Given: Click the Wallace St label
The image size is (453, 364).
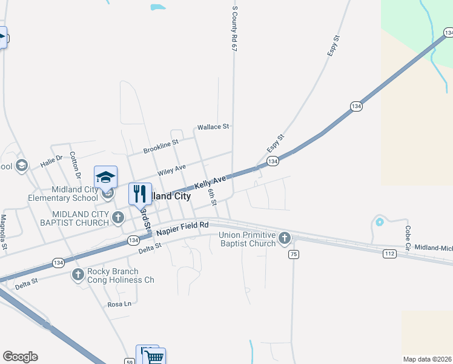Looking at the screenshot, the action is tap(213, 127).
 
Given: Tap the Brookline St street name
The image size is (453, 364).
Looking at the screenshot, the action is tap(160, 146).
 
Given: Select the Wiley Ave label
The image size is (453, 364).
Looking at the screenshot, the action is tap(171, 169).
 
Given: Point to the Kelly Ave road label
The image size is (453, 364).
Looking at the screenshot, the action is tap(210, 181).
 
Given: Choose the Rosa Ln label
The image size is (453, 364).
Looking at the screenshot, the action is tap(119, 304).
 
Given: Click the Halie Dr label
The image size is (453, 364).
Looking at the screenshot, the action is tap(51, 161).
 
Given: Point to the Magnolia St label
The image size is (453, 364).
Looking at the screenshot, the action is tap(4, 232).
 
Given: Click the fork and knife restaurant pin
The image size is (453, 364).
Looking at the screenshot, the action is tap(140, 194).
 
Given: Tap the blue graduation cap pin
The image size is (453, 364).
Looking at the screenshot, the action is tap(105, 177).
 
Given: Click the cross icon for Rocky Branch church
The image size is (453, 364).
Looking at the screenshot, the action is tap(78, 275).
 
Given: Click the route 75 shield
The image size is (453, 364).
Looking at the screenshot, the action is tap(294, 254).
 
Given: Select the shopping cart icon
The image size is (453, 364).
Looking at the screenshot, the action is tap(154, 357).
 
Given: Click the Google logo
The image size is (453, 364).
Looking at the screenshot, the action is tap(20, 357).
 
